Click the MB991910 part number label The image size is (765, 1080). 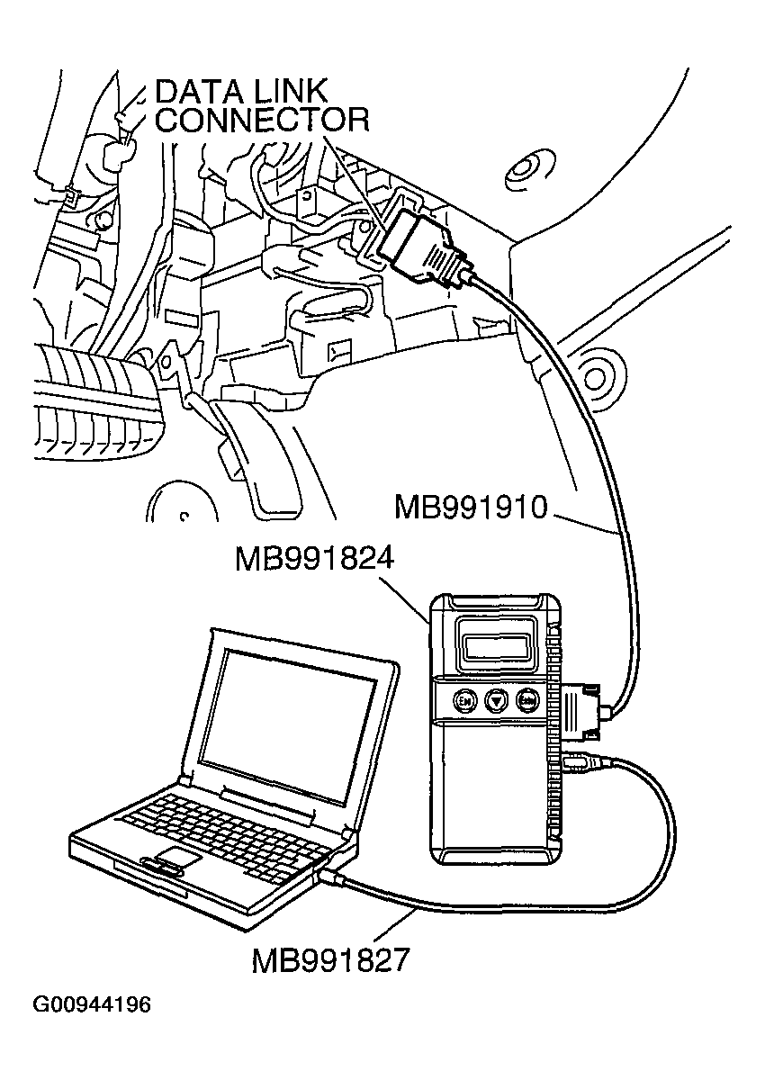click(471, 507)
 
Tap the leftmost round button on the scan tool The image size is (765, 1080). click(465, 699)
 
